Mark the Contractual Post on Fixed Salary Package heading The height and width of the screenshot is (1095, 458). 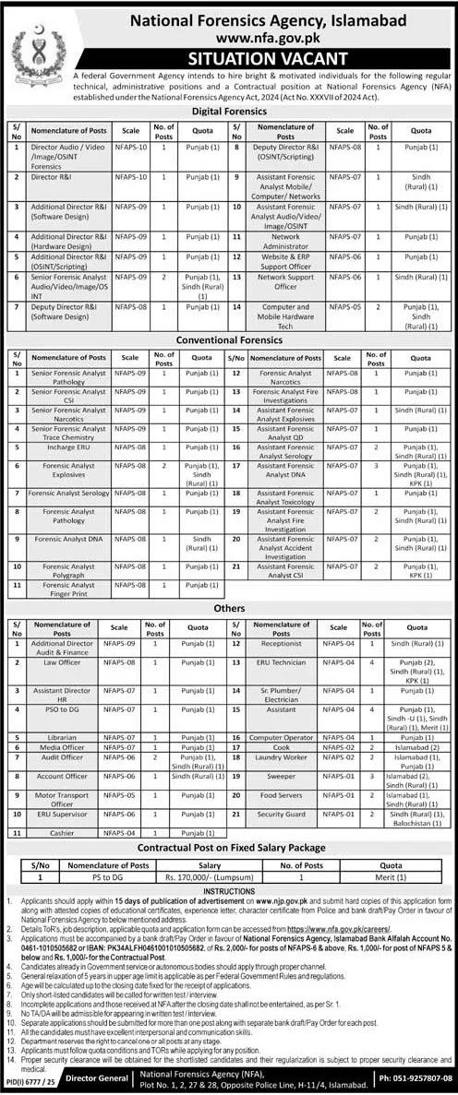pyautogui.click(x=230, y=848)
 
